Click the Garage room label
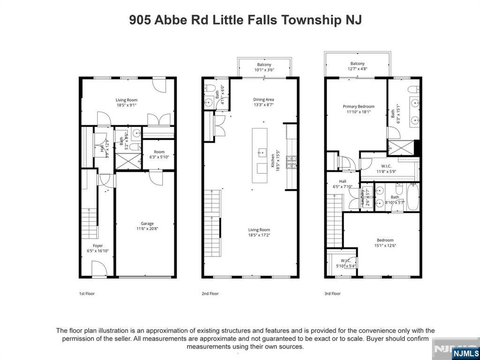[x=147, y=224]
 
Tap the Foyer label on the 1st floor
[x=97, y=246]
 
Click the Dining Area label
[x=263, y=99]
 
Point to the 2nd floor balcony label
[x=264, y=65]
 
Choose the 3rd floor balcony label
[x=357, y=64]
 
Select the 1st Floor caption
[x=87, y=294]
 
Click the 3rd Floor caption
[x=332, y=294]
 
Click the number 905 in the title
[x=140, y=21]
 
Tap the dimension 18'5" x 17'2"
[x=259, y=235]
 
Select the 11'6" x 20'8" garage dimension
[x=147, y=229]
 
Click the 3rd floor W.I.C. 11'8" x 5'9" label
[x=387, y=172]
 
